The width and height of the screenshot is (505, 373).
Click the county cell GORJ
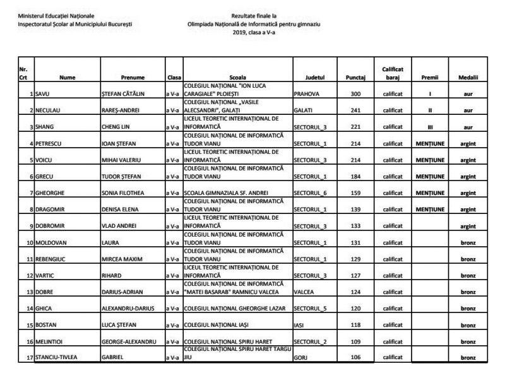tap(301, 358)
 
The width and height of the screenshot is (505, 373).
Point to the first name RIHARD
tap(112, 275)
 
